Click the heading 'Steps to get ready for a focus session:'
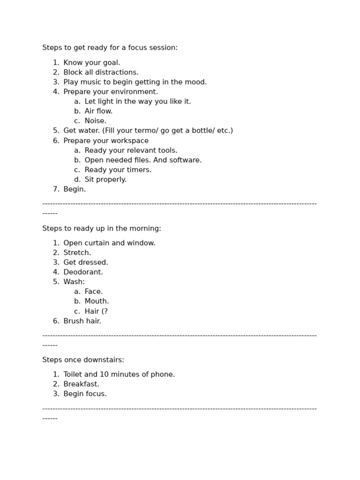point(110,48)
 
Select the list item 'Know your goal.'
point(92,63)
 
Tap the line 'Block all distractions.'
point(101,73)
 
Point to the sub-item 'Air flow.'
point(98,112)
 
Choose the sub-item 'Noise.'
point(95,121)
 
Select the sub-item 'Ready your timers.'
point(118,170)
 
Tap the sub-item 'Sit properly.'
point(105,180)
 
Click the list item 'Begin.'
point(75,189)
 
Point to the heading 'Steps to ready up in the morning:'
point(102,229)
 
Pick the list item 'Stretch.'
point(77,253)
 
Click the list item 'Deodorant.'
point(83,272)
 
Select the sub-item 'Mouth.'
point(97,301)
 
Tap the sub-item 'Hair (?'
point(96,311)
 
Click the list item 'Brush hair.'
point(82,321)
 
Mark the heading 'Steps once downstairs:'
point(83,360)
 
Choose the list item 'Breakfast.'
point(81,384)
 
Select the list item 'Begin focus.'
point(85,394)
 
